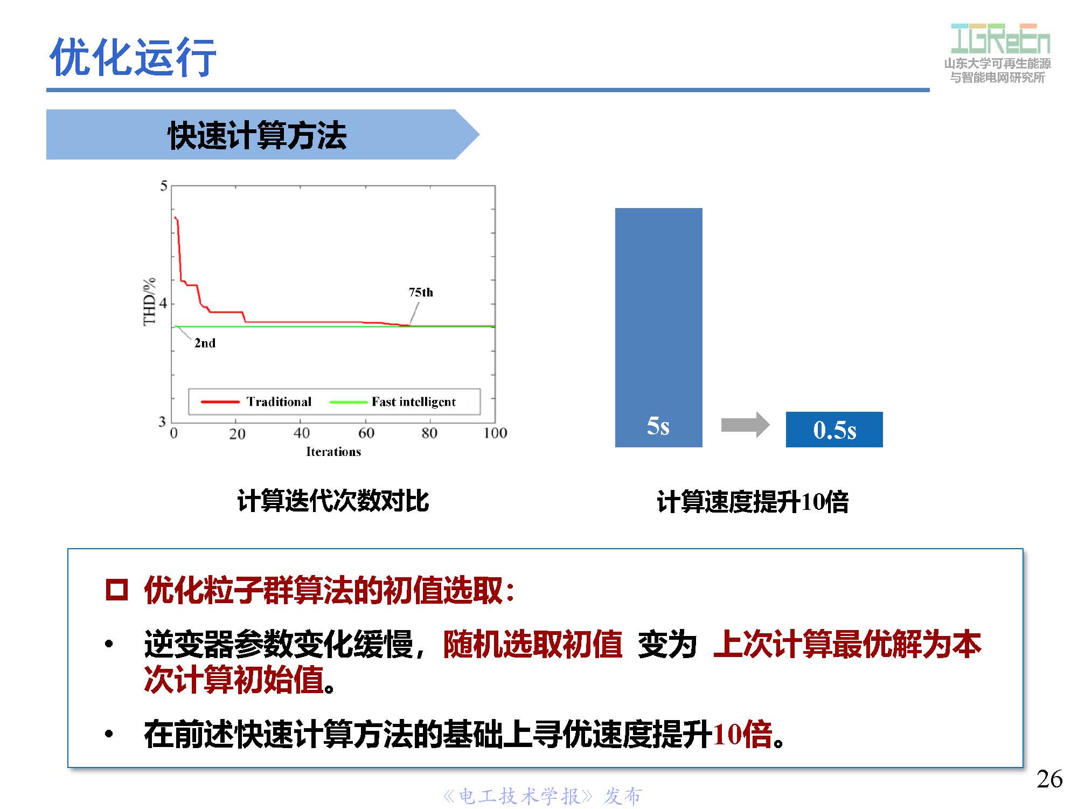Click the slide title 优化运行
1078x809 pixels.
click(133, 57)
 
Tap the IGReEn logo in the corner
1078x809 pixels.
click(1000, 39)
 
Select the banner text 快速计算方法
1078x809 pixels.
click(257, 135)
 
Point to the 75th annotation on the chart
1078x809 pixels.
click(421, 293)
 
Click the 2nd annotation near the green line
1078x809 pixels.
click(205, 343)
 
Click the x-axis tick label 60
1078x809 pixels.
click(366, 433)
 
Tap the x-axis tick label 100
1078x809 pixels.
click(495, 433)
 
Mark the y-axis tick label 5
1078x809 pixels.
click(164, 186)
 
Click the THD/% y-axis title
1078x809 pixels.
click(149, 302)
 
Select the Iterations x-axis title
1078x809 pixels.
click(333, 452)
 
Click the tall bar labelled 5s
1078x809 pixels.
click(658, 327)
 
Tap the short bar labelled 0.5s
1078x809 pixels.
click(834, 430)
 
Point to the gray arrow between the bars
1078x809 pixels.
click(745, 425)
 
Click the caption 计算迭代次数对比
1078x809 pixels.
click(333, 501)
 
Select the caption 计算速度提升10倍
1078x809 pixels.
click(753, 502)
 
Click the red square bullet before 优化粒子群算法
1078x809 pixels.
click(116, 590)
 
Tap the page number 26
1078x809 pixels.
click(1049, 779)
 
